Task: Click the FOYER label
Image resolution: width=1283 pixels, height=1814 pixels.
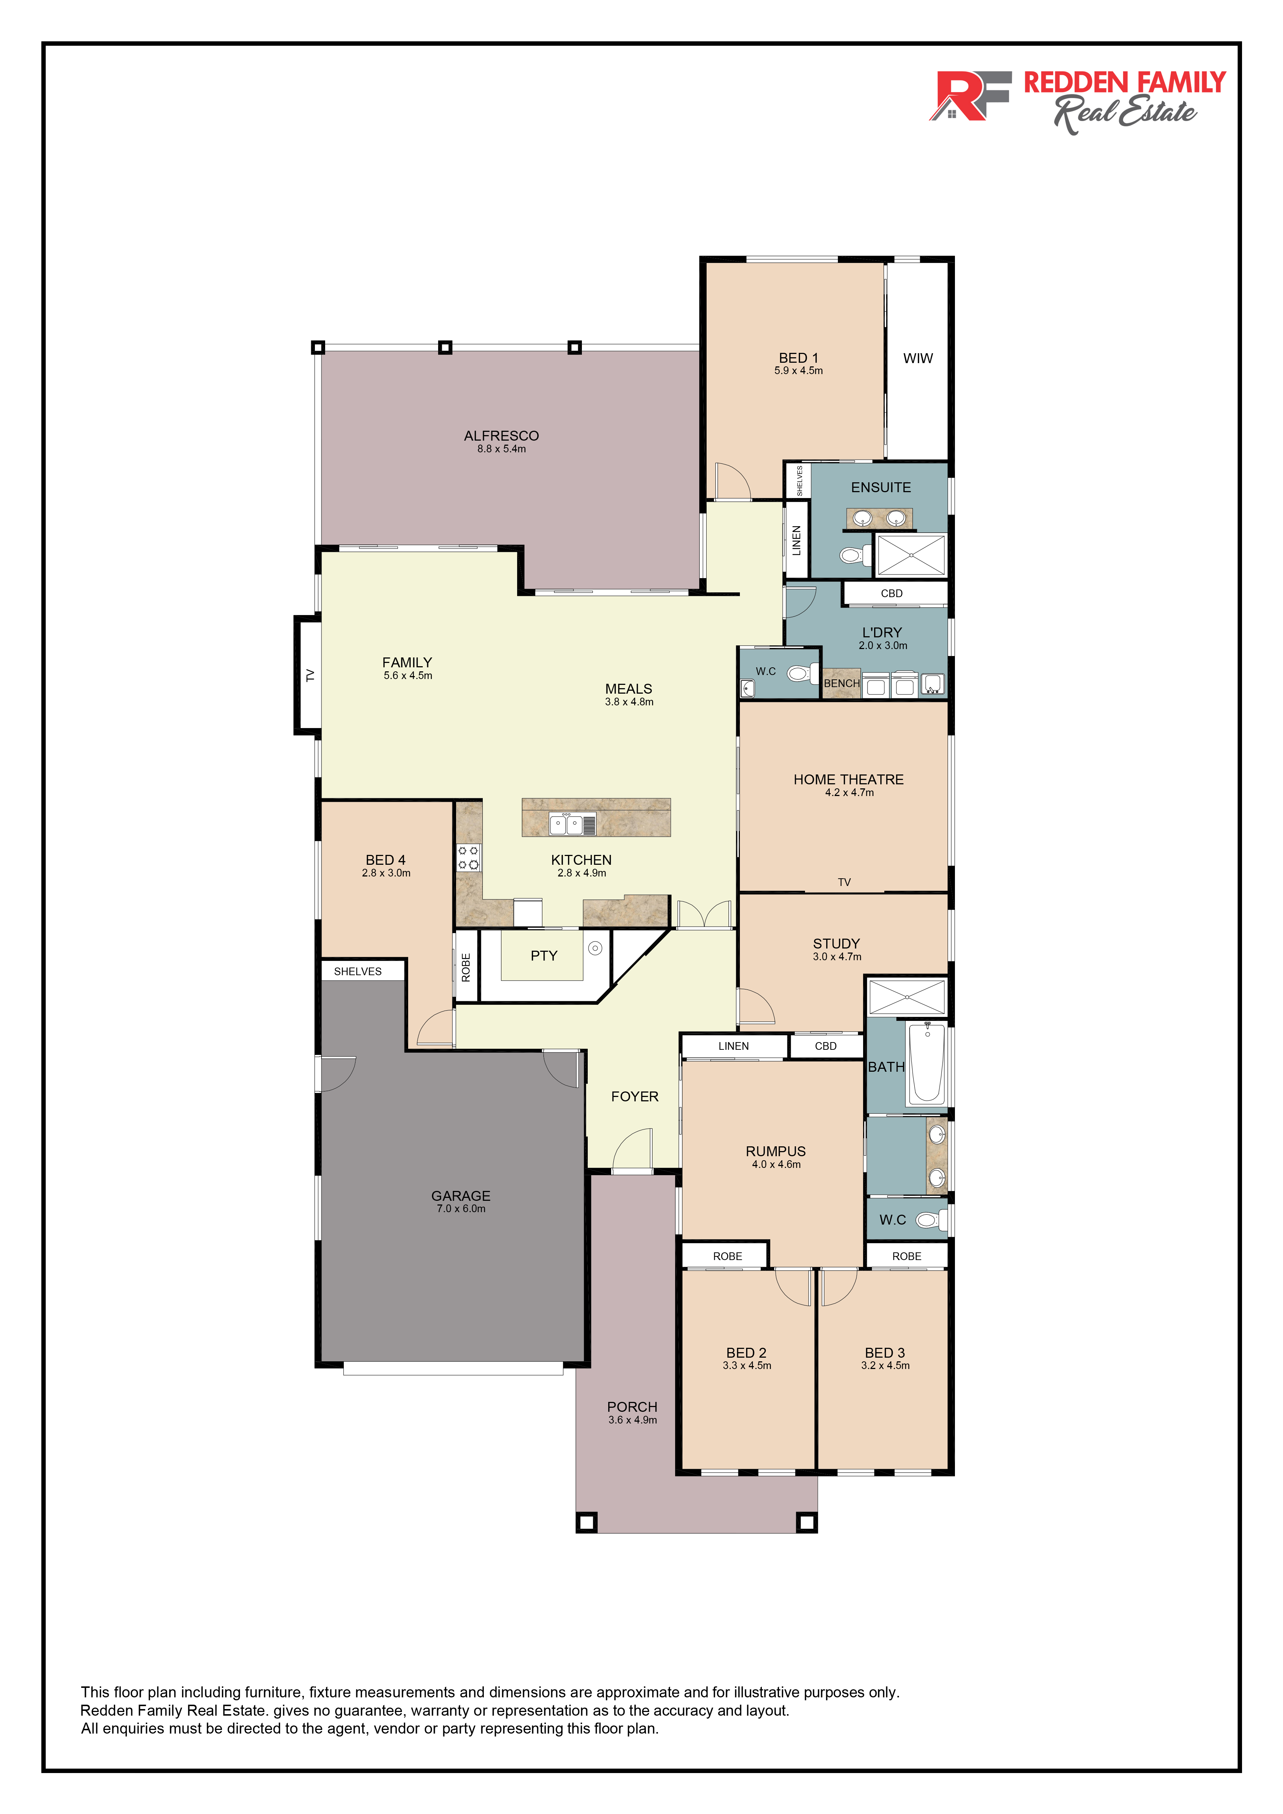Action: point(635,1097)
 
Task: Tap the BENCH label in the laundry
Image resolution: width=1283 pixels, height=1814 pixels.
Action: point(842,683)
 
